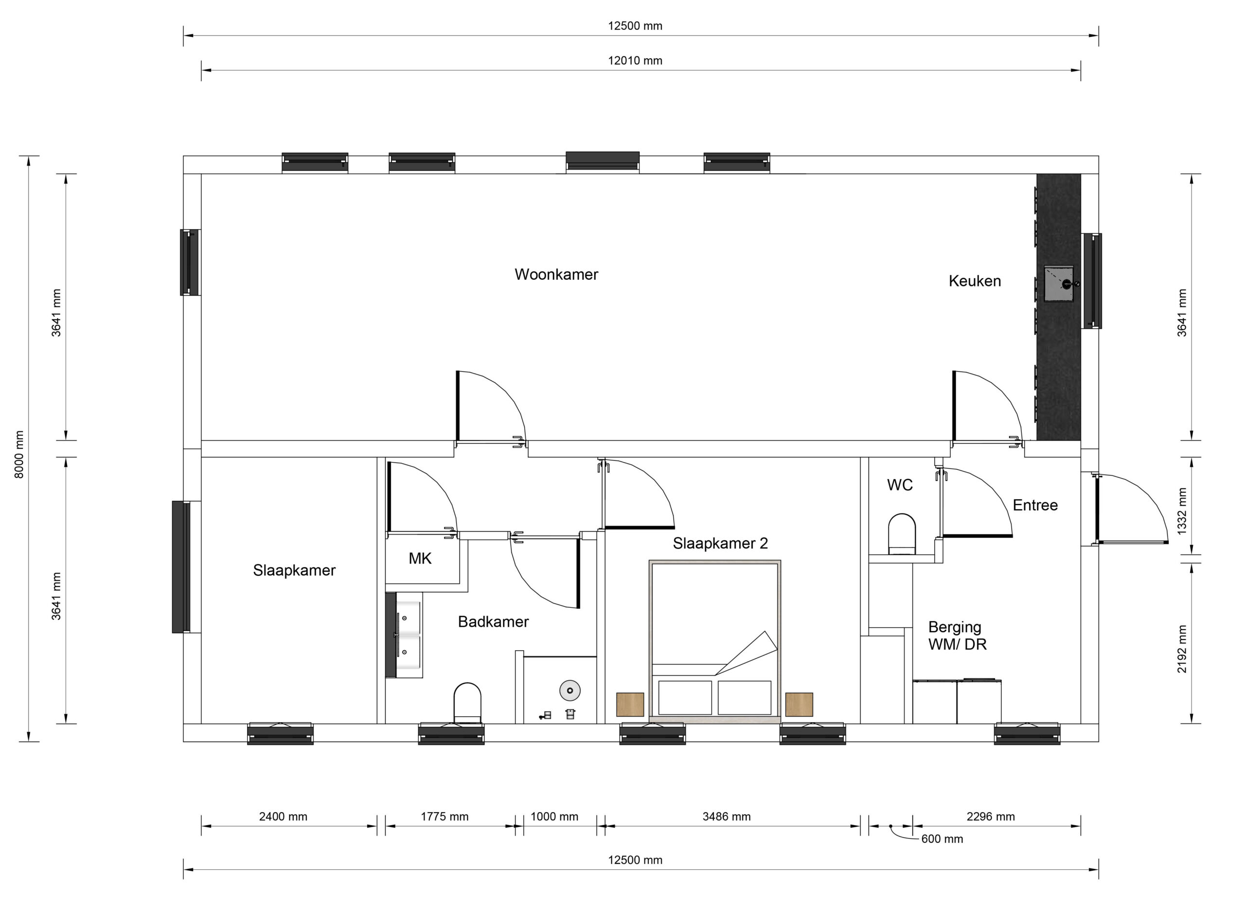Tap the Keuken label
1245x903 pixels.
click(975, 281)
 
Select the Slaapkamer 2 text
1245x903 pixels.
click(720, 544)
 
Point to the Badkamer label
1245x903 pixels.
click(493, 621)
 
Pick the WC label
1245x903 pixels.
click(900, 485)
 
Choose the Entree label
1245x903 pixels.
click(1035, 505)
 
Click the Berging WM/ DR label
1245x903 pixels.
click(958, 636)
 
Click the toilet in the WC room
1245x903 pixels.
click(902, 533)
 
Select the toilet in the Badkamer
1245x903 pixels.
click(467, 703)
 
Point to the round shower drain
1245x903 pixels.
click(570, 691)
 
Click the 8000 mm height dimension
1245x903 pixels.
click(19, 454)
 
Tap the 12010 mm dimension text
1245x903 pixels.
click(635, 61)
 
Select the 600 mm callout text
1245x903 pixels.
click(942, 839)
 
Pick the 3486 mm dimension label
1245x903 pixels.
click(726, 817)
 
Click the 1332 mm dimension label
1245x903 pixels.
click(1182, 511)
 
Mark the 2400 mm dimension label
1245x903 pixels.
click(283, 817)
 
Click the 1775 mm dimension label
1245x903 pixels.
click(445, 817)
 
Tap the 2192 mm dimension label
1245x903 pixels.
click(1182, 649)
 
